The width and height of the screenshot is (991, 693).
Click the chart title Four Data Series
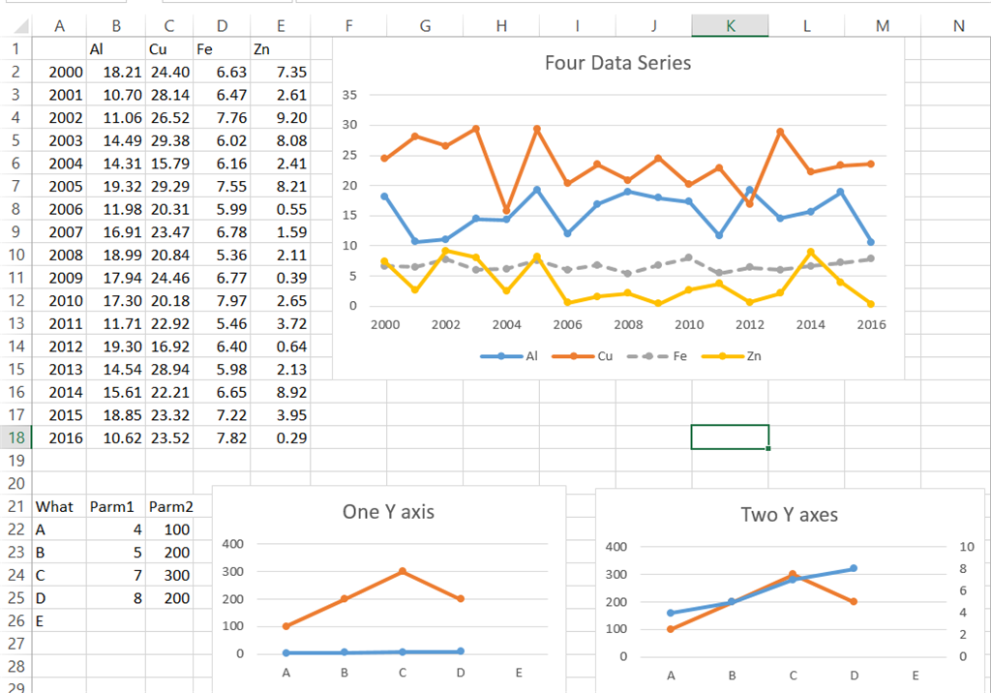pos(617,64)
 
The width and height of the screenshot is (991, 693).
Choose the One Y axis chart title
pos(388,512)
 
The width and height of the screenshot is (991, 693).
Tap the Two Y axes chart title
pos(789,515)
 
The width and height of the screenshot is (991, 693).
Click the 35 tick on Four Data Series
pos(349,95)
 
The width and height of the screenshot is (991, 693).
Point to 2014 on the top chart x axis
pos(810,324)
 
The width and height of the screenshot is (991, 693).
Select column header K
pos(730,26)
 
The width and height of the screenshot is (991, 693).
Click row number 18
pos(15,437)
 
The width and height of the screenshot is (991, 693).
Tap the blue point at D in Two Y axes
pos(853,568)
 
